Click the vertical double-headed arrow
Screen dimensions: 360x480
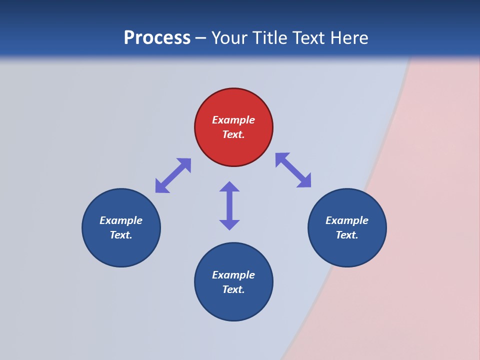pyautogui.click(x=229, y=205)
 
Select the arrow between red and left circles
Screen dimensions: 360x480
pyautogui.click(x=173, y=175)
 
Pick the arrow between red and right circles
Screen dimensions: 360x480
pyautogui.click(x=293, y=170)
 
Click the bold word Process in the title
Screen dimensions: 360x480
pyautogui.click(x=157, y=38)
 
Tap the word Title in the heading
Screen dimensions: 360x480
pyautogui.click(x=270, y=38)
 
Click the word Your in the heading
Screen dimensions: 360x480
pyautogui.click(x=230, y=38)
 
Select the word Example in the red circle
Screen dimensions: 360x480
pyautogui.click(x=233, y=120)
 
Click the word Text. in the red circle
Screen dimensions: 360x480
pyautogui.click(x=233, y=134)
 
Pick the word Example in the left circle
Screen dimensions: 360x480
pyautogui.click(x=121, y=220)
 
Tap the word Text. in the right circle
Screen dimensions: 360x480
pyautogui.click(x=347, y=235)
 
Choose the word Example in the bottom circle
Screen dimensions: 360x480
pyautogui.click(x=233, y=275)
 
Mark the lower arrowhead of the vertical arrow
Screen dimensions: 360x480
pyautogui.click(x=229, y=224)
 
